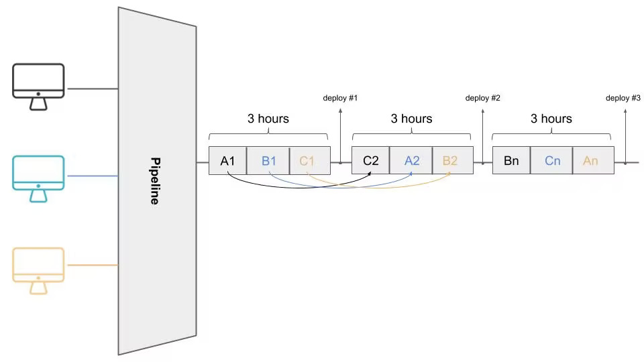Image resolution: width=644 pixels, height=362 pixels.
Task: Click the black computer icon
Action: click(x=38, y=86)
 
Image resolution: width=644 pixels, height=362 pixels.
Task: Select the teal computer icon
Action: click(x=38, y=178)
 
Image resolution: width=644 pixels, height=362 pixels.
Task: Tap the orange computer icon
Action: click(x=38, y=270)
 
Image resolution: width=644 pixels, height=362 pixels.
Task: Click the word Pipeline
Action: click(x=155, y=181)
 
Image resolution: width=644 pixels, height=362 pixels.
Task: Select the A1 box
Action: click(x=228, y=161)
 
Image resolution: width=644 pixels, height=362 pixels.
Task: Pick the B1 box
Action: click(x=269, y=161)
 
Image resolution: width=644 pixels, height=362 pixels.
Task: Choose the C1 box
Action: click(x=307, y=161)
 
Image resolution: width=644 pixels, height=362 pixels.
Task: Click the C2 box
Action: click(x=371, y=161)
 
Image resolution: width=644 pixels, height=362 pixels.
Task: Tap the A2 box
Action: click(x=412, y=161)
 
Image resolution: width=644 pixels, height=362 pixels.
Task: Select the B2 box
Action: click(x=450, y=161)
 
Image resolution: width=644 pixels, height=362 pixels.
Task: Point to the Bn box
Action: click(x=511, y=161)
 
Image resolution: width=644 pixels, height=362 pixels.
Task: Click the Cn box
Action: click(x=552, y=161)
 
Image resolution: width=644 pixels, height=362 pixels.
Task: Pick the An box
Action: click(x=591, y=161)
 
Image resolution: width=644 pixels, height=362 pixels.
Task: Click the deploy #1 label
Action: click(x=340, y=99)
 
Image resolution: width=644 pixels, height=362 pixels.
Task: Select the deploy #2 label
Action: click(x=483, y=99)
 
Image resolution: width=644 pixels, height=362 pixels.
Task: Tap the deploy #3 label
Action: click(x=623, y=99)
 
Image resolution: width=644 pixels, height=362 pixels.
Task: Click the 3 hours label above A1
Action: click(x=268, y=119)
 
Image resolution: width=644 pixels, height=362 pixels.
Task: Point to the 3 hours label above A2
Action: click(x=412, y=119)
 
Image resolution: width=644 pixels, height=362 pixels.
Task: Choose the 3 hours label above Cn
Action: click(x=551, y=119)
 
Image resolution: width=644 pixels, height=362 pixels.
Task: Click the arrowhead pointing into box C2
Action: click(x=370, y=176)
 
